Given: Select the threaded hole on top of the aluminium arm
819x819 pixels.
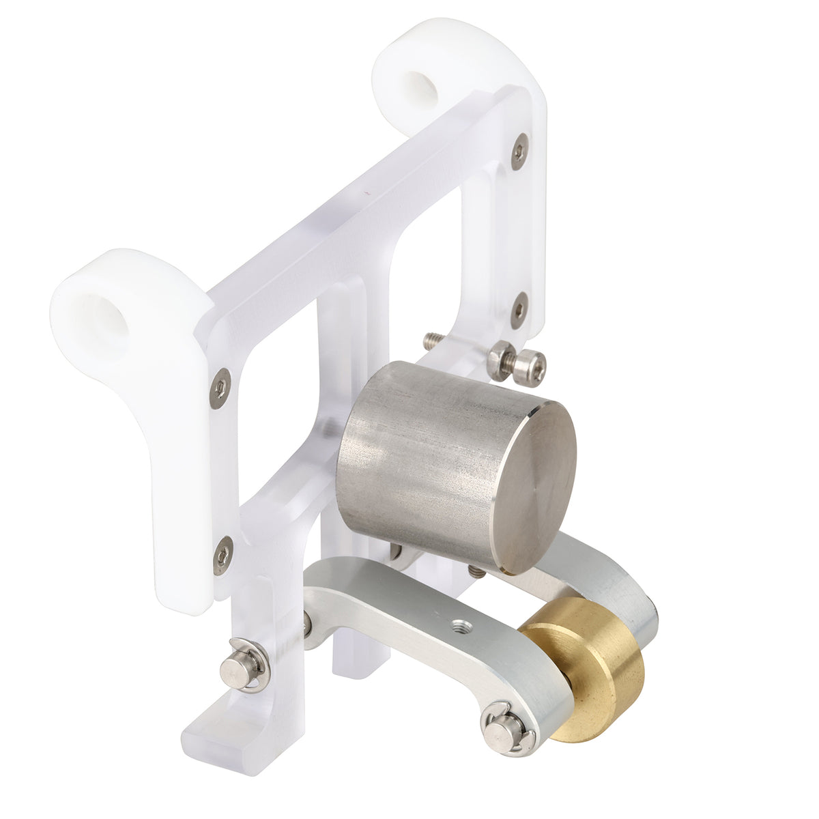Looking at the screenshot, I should (x=459, y=623).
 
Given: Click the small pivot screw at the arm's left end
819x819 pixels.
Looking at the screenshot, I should (x=308, y=623).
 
